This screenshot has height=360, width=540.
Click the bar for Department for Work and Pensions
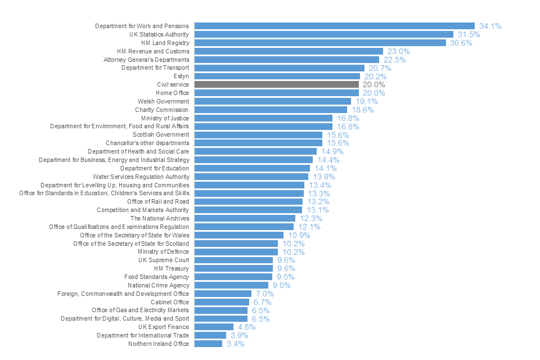click(x=334, y=26)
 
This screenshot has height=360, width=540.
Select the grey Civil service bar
click(x=276, y=84)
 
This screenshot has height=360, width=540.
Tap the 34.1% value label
click(x=490, y=26)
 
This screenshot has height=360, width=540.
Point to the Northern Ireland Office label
click(x=159, y=344)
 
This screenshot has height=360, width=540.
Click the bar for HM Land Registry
click(x=320, y=43)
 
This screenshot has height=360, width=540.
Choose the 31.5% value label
click(x=469, y=34)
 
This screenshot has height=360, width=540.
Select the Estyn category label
click(x=182, y=76)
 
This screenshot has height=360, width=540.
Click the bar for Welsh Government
click(x=272, y=101)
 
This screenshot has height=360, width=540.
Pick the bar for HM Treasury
click(x=233, y=268)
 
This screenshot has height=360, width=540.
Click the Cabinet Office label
click(x=170, y=302)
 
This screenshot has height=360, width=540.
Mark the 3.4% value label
click(x=235, y=344)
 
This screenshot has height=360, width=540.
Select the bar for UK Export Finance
click(x=214, y=327)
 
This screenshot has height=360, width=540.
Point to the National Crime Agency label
click(x=158, y=285)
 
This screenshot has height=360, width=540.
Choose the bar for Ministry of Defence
click(x=236, y=252)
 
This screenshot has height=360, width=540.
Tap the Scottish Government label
click(x=161, y=135)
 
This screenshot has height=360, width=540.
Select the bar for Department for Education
click(x=252, y=168)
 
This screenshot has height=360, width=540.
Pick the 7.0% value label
click(x=264, y=294)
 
